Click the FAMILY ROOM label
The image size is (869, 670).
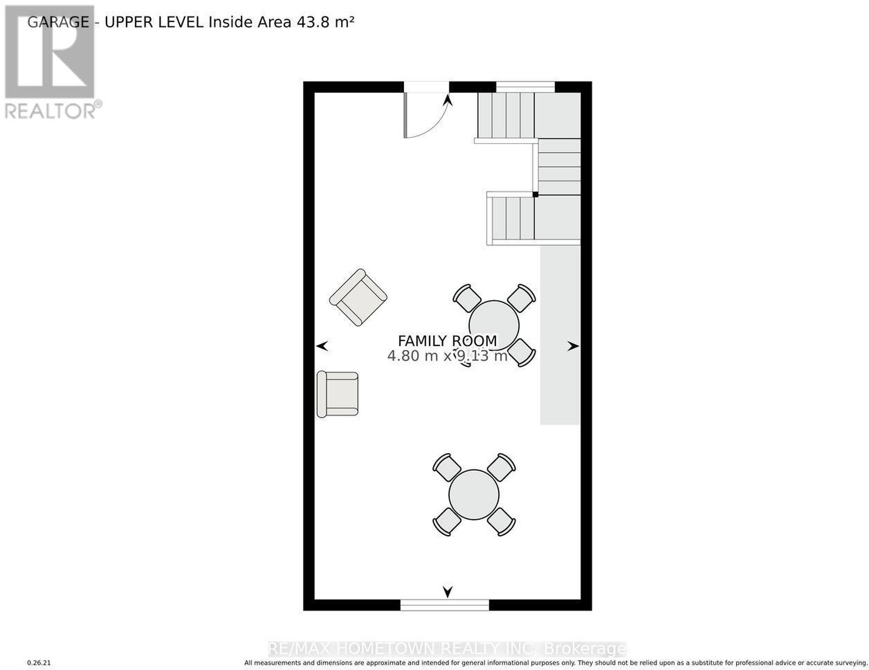coord(447,341)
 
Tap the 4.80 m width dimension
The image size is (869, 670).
coord(412,355)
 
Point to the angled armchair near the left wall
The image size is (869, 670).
coord(358,297)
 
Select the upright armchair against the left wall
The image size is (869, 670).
coord(337,395)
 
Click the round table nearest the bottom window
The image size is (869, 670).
coord(474,495)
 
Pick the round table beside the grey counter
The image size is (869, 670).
coord(494,325)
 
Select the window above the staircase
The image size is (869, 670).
coord(525,87)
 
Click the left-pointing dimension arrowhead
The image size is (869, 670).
coord(322,346)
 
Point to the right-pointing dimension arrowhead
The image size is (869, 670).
coord(573,346)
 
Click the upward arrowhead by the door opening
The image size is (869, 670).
coord(448,100)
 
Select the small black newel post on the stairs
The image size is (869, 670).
coord(534,195)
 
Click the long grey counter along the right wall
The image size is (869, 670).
coord(560,335)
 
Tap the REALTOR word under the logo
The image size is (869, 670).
coord(51,111)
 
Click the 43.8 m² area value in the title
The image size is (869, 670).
coord(325,22)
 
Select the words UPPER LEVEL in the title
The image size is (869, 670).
coord(154,22)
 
